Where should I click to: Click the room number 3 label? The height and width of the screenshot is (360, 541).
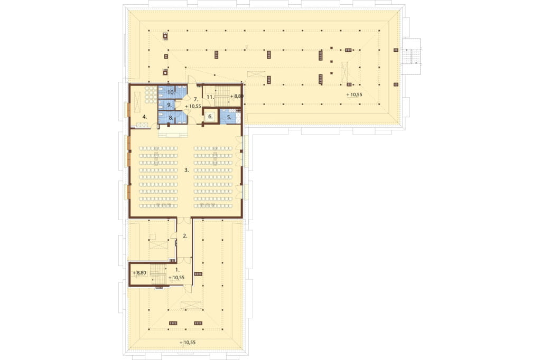click(186, 170)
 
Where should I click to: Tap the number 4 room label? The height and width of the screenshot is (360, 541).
click(145, 117)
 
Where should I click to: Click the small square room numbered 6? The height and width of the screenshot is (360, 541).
click(210, 117)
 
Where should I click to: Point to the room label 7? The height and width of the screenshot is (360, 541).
click(195, 99)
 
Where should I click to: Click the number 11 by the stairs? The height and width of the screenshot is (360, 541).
click(211, 97)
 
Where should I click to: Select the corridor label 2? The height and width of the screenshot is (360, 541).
click(185, 236)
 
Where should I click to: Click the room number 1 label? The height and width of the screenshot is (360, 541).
click(178, 269)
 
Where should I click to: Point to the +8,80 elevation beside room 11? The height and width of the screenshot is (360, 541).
click(237, 96)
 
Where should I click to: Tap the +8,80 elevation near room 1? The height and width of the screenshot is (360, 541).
click(139, 273)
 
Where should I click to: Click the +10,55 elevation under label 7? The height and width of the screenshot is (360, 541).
click(193, 106)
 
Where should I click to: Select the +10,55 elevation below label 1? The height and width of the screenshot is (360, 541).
click(176, 278)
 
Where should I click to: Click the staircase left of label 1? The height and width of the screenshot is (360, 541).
click(158, 274)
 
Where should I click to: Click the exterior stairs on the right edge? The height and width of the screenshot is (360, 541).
click(411, 56)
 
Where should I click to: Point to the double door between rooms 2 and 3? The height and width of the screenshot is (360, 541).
click(184, 220)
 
